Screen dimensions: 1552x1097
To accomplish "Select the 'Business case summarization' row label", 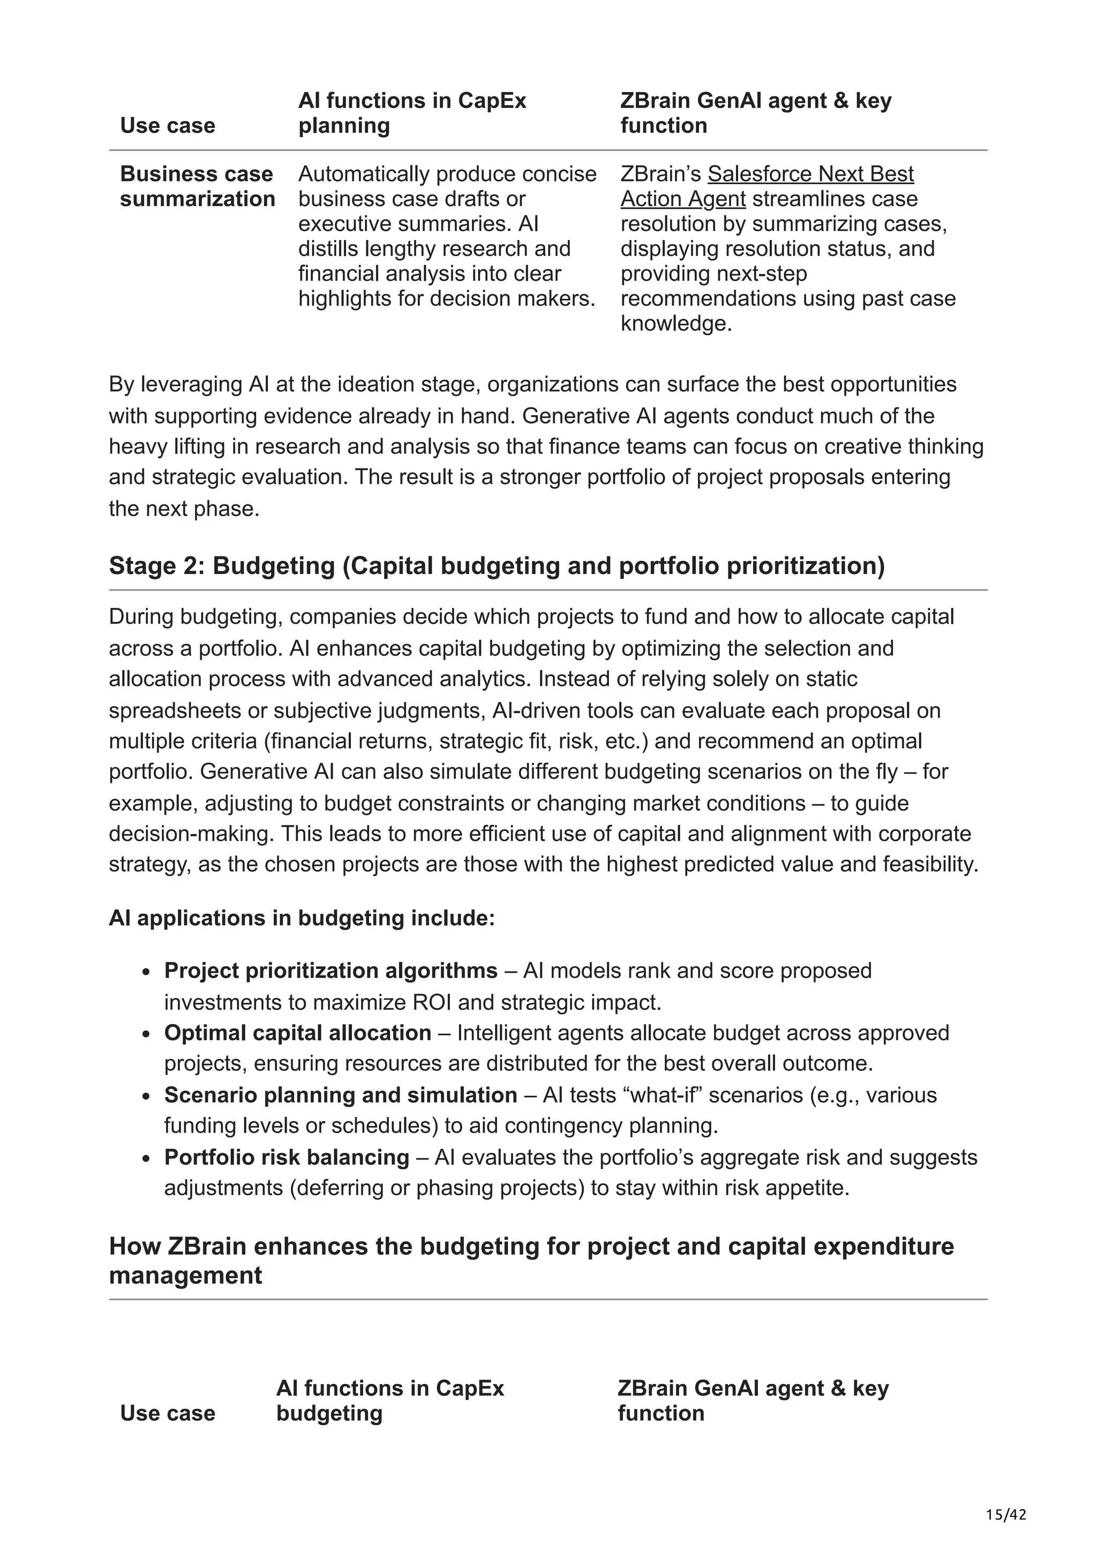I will pos(197,186).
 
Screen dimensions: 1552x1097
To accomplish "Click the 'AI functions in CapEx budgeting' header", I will pos(389,1400).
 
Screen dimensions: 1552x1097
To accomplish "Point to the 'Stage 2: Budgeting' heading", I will pos(496,566).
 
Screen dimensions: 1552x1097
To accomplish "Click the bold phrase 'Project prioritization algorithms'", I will pos(330,971).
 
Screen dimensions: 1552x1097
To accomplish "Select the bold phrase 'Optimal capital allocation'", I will pos(297,1033).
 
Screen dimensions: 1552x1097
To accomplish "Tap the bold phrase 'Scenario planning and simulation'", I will pos(340,1095).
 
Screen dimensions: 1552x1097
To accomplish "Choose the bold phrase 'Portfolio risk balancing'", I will pos(287,1157).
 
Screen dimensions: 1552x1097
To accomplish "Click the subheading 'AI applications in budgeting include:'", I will pos(302,918).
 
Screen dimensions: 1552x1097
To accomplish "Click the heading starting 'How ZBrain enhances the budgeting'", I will pos(531,1261).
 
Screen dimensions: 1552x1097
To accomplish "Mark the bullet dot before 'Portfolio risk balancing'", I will pos(146,1158).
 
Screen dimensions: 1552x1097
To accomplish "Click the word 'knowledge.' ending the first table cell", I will pos(676,324).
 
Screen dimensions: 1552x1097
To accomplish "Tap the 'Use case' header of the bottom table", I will pos(168,1413).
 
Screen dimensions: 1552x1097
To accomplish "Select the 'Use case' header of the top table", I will pos(168,126).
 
